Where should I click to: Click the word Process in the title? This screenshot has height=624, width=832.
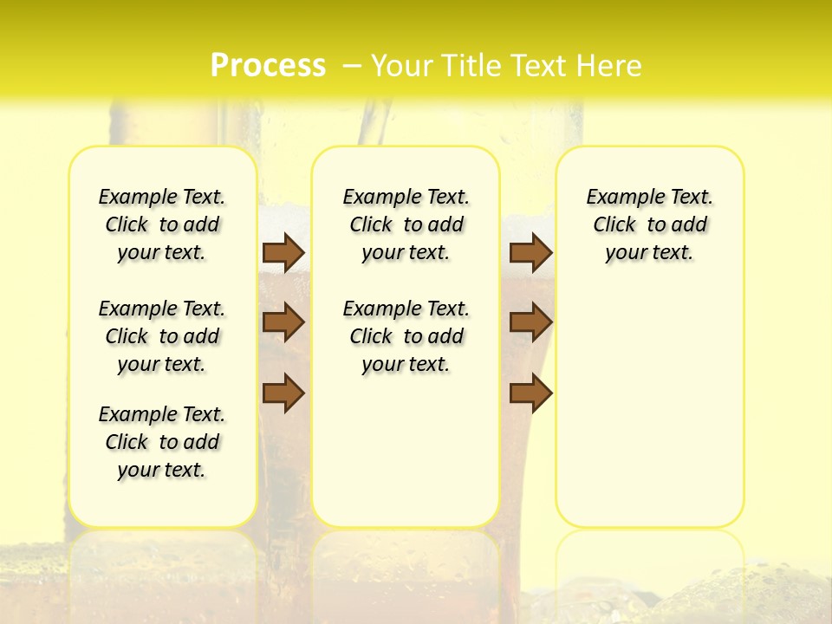pos(268,65)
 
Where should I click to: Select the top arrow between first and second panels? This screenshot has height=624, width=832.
pos(283,252)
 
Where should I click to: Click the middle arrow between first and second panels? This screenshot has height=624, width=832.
pos(283,322)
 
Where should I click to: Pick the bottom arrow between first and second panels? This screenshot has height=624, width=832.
pos(283,393)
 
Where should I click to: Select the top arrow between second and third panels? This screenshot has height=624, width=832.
pos(531,252)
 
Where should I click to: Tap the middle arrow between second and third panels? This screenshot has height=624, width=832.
pos(531,322)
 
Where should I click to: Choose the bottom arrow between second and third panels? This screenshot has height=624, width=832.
pos(531,393)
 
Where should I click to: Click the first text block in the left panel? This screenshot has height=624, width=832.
pos(162,224)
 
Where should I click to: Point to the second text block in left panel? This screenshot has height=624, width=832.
pos(162,336)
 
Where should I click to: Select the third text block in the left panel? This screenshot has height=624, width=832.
pos(162,442)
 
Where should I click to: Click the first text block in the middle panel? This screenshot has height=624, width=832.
pos(406,224)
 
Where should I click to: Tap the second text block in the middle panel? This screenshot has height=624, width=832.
pos(406,336)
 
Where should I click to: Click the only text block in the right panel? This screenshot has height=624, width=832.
pos(650,224)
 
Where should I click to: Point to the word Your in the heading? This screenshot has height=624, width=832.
pos(402,66)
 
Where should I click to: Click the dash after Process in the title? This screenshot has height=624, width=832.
pos(352,66)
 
